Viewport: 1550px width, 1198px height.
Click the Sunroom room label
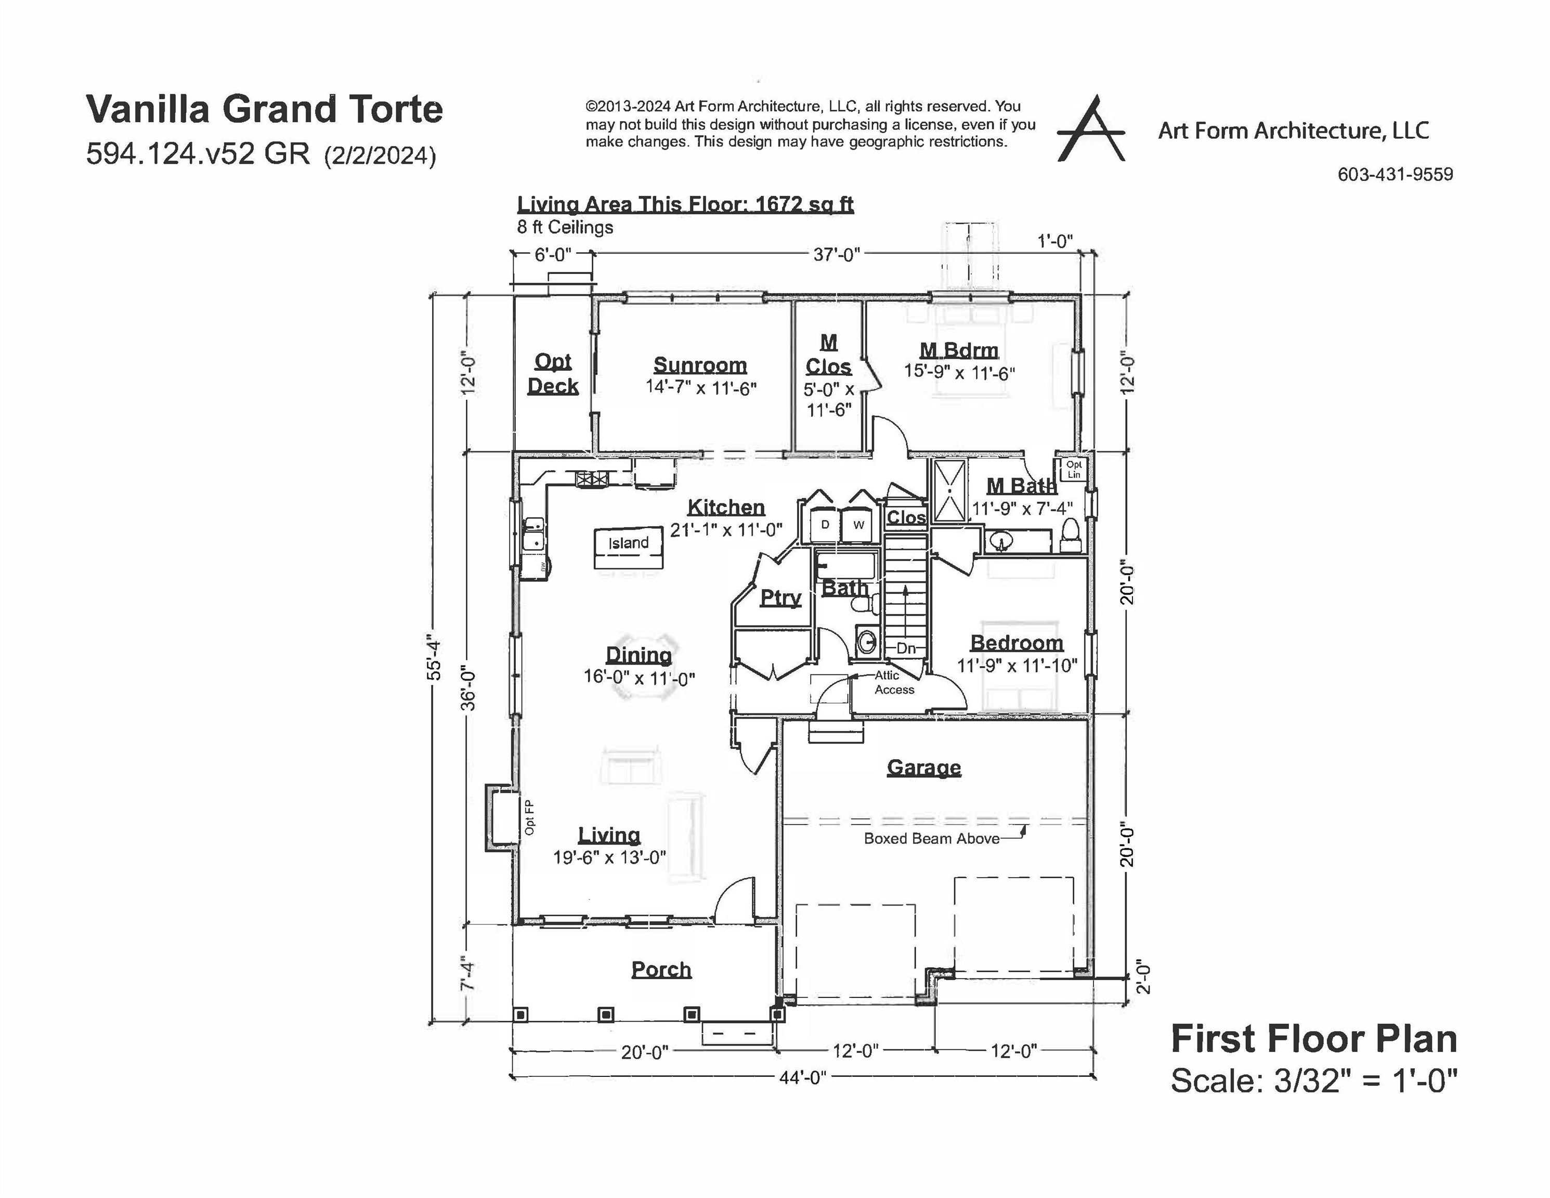700,365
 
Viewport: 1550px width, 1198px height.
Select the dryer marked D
825,525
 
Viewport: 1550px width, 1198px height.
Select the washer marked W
859,525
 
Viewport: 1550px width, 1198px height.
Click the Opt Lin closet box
1074,469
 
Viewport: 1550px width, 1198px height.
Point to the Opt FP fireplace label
529,817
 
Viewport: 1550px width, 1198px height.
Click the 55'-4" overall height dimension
434,660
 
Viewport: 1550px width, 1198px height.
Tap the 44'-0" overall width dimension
803,1077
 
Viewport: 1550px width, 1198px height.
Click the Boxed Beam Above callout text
931,838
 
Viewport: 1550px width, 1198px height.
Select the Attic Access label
893,683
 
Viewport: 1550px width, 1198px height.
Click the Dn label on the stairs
906,648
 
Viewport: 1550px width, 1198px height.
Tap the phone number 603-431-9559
1395,175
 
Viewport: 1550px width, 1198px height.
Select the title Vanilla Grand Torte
264,109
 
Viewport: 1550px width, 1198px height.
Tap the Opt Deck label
553,373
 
